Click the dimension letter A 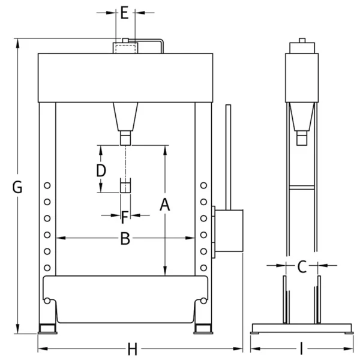[x=165, y=205]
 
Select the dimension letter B [x=125, y=238]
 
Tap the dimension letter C [x=302, y=265]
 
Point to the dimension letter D [x=101, y=170]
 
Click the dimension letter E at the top [x=124, y=13]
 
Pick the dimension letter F [x=125, y=215]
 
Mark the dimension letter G [x=18, y=187]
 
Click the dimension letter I [x=301, y=349]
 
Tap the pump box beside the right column [x=229, y=231]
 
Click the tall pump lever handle [x=229, y=157]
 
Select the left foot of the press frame [x=47, y=329]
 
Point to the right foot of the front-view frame [x=203, y=329]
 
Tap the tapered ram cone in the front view [x=125, y=116]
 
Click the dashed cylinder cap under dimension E [x=125, y=47]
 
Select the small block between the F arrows [x=125, y=185]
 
